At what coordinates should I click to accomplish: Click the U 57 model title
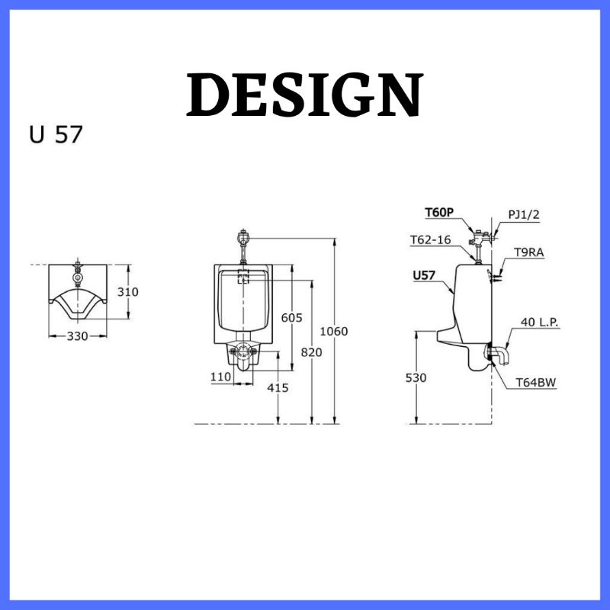(56, 134)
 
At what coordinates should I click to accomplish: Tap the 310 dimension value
(129, 291)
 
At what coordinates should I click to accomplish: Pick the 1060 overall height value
(333, 331)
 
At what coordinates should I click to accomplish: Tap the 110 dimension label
(221, 376)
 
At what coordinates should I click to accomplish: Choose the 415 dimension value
(278, 387)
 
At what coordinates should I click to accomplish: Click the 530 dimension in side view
(416, 377)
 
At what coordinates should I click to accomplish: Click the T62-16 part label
(430, 239)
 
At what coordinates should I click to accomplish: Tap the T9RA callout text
(528, 252)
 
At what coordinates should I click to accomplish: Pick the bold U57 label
(425, 275)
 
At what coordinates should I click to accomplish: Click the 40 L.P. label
(540, 322)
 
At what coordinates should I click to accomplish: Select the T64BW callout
(535, 383)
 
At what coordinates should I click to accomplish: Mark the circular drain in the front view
(243, 352)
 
